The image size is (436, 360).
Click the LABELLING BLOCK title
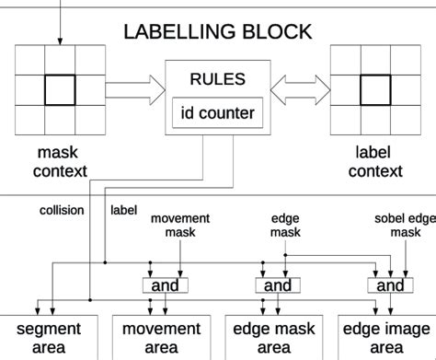click(218, 32)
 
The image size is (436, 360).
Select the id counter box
click(218, 113)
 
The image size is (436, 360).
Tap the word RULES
click(218, 79)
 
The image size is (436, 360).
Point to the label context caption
click(377, 162)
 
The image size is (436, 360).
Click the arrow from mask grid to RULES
click(133, 89)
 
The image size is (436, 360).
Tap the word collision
click(62, 210)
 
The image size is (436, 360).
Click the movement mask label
click(180, 226)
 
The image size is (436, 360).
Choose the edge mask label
click(285, 226)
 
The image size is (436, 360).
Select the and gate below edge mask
click(278, 285)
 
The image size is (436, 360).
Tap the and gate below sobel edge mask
click(390, 285)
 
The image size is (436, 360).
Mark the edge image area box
click(385, 338)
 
